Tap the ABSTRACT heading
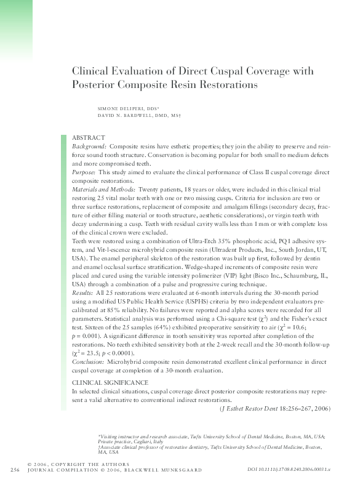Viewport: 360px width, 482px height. [x=89, y=137]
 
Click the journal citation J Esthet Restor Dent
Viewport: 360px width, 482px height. [x=250, y=408]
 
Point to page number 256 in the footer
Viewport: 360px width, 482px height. [x=15, y=470]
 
